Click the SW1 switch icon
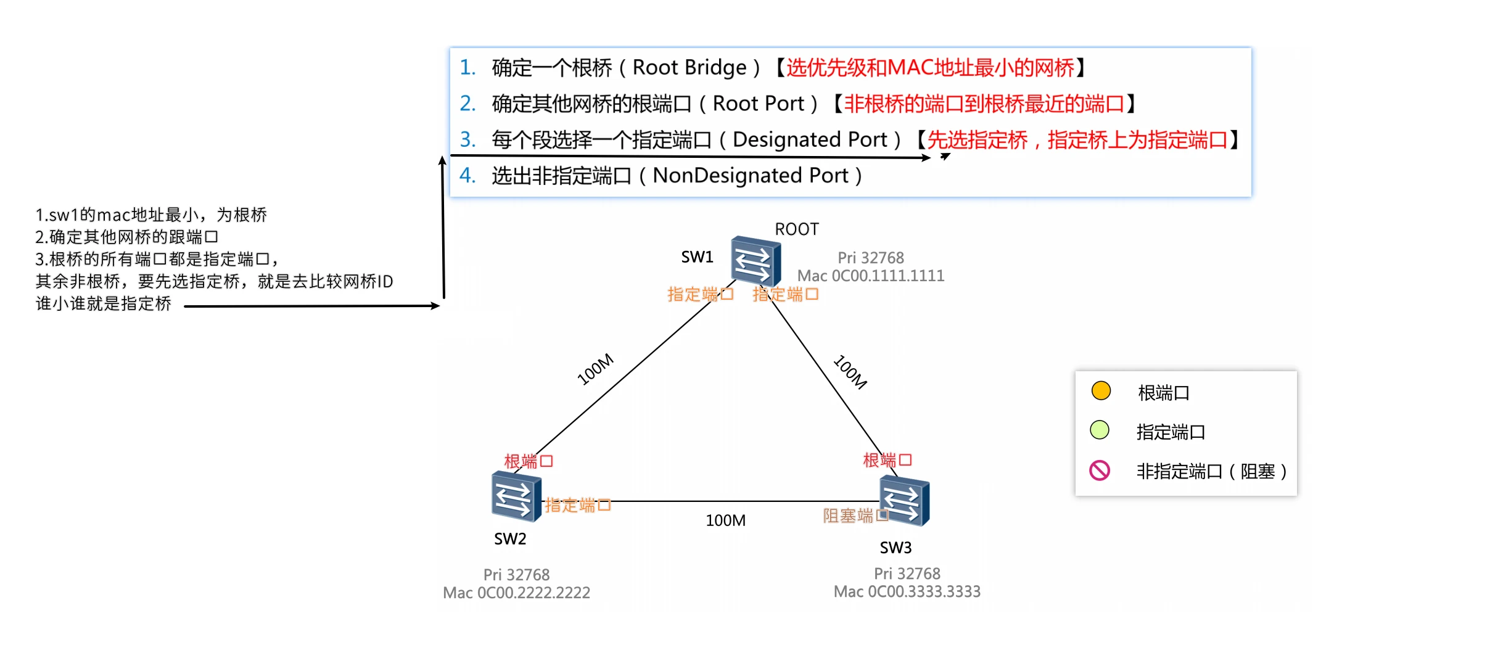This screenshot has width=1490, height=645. click(x=755, y=261)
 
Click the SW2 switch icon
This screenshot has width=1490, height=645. click(x=516, y=496)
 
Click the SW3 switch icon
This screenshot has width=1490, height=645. click(x=904, y=501)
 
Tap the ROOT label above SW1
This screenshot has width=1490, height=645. click(x=797, y=229)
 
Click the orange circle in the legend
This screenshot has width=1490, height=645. click(x=1101, y=391)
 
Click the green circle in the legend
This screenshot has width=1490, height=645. click(x=1100, y=430)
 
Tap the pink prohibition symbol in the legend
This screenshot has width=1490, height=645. click(x=1100, y=470)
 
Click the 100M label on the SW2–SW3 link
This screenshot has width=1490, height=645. click(x=726, y=520)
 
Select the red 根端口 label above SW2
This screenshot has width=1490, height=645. click(x=529, y=461)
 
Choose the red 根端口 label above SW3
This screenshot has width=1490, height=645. click(x=887, y=460)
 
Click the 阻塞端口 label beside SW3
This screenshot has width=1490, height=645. click(x=855, y=516)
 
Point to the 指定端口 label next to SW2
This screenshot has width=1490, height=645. click(x=578, y=506)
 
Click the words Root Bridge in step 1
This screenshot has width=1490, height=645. click(x=689, y=67)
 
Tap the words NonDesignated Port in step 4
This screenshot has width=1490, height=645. click(x=751, y=176)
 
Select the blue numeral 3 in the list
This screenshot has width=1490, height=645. click(x=467, y=139)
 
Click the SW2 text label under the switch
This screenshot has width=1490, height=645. click(x=510, y=539)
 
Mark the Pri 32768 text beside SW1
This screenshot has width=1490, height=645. click(x=871, y=258)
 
